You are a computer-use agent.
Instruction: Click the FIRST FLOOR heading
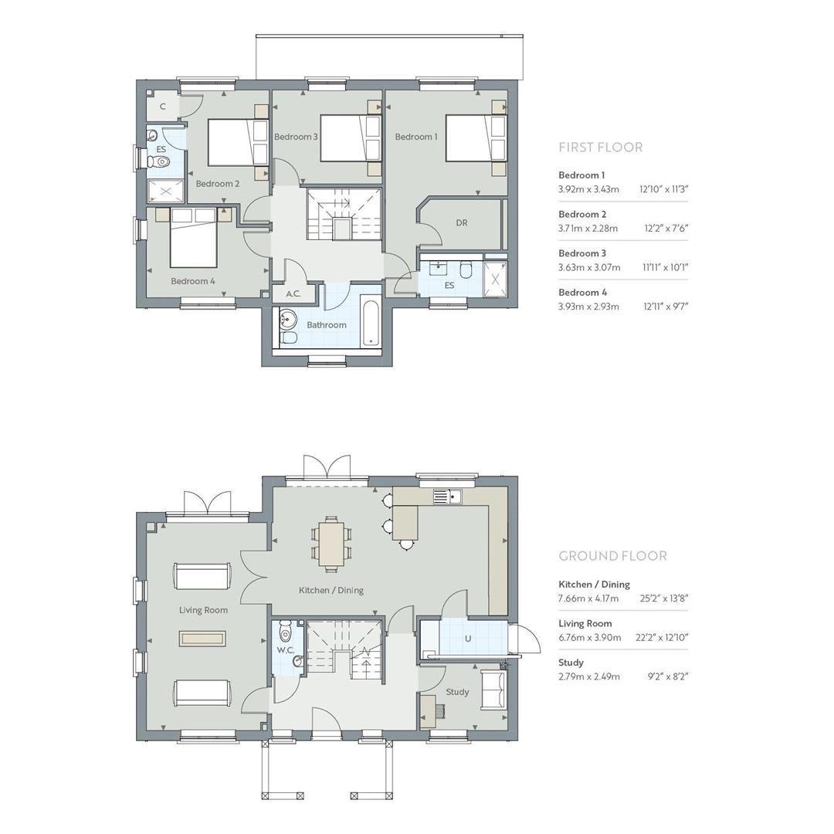click(x=600, y=147)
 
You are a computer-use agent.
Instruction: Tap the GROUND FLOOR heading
click(x=612, y=556)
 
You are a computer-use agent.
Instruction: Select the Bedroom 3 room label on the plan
click(x=296, y=137)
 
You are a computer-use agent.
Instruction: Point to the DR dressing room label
click(x=462, y=223)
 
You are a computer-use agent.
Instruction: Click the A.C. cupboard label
click(x=293, y=294)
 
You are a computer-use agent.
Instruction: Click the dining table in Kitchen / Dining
click(x=331, y=543)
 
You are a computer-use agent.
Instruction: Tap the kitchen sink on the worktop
click(x=447, y=496)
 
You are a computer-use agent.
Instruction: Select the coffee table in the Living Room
click(x=202, y=639)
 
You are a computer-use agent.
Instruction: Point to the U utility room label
click(x=468, y=639)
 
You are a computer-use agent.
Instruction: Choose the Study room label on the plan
click(x=457, y=692)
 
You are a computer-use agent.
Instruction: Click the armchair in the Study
click(x=493, y=690)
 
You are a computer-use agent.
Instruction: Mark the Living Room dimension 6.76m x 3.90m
click(x=589, y=638)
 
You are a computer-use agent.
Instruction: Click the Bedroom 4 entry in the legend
click(x=582, y=293)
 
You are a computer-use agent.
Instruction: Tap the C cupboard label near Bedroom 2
click(x=163, y=107)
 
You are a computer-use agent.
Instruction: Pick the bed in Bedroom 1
click(x=475, y=138)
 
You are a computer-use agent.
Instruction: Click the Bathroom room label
click(x=327, y=325)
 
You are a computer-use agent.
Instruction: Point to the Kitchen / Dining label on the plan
click(x=331, y=591)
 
